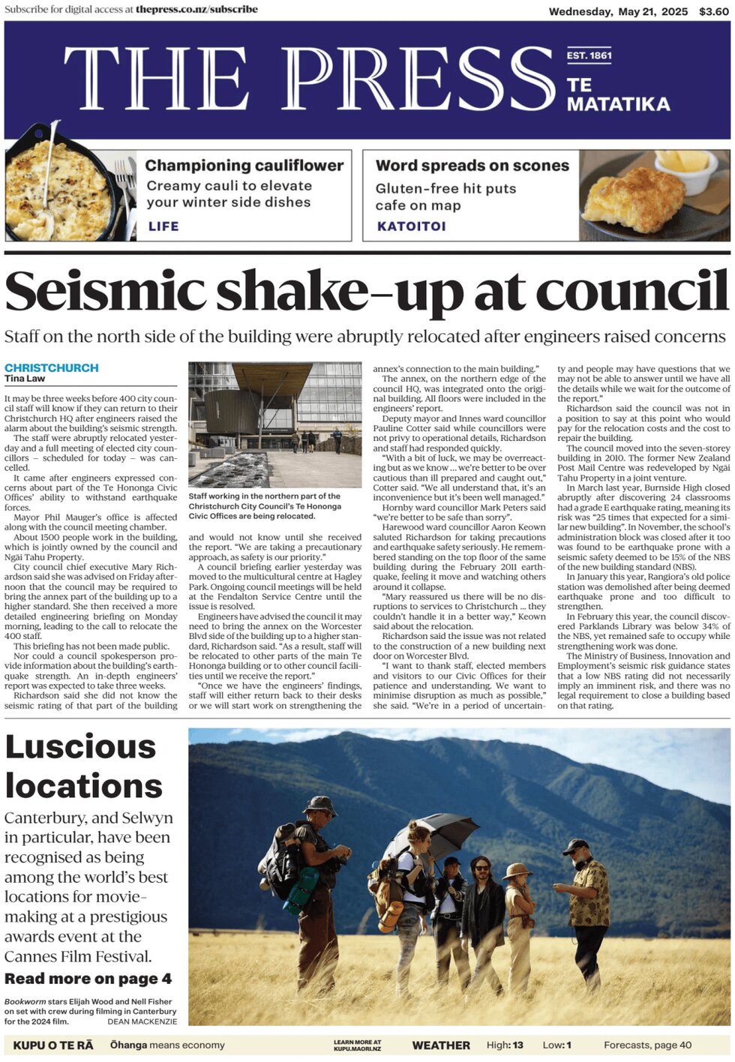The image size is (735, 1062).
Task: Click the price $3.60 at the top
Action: pos(713,11)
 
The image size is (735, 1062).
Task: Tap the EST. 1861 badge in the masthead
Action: pos(589,55)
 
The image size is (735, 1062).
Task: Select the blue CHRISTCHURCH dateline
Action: pos(52,367)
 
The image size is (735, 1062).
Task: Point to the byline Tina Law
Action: pos(25,379)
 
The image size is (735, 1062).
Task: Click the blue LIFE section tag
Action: pos(163,226)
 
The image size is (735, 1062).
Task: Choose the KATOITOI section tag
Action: pos(411,226)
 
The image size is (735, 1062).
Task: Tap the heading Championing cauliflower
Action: pos(244,165)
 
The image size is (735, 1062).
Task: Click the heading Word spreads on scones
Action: pos(472,165)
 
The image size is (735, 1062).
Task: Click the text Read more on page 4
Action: pos(88,979)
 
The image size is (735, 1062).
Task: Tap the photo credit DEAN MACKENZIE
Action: pos(142,1021)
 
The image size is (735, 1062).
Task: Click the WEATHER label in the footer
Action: pos(441,1045)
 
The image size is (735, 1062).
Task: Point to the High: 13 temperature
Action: pos(505,1045)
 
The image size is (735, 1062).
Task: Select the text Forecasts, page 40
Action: pos(647,1045)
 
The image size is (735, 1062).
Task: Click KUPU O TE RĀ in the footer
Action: pos(53,1045)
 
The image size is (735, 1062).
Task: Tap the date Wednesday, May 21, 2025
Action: pos(618,11)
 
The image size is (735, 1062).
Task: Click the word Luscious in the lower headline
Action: pos(80,747)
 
